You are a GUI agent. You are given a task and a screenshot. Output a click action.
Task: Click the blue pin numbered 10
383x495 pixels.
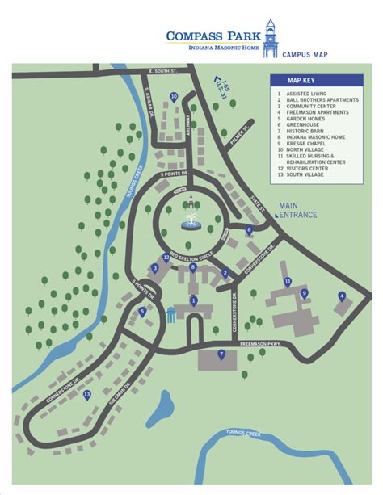pos(174,96)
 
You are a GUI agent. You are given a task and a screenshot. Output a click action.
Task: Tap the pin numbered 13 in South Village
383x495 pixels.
pos(87,395)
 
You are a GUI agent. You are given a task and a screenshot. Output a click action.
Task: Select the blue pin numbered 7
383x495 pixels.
pos(221,354)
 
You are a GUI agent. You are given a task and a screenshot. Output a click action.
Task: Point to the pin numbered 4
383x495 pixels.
pos(342,296)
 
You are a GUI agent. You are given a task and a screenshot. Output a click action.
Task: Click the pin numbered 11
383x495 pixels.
pos(288,281)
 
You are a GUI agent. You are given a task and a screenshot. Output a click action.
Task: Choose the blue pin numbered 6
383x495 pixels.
pos(249,230)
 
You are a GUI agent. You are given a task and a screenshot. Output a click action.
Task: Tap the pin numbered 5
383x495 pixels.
pos(143,312)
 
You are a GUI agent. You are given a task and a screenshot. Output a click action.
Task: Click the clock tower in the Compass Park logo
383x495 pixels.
pos(270,36)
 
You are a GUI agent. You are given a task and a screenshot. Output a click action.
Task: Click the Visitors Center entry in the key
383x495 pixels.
pos(309,168)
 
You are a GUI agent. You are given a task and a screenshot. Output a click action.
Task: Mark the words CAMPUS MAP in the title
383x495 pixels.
pos(305,54)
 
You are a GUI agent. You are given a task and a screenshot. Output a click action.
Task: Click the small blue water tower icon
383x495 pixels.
pos(171,317)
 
